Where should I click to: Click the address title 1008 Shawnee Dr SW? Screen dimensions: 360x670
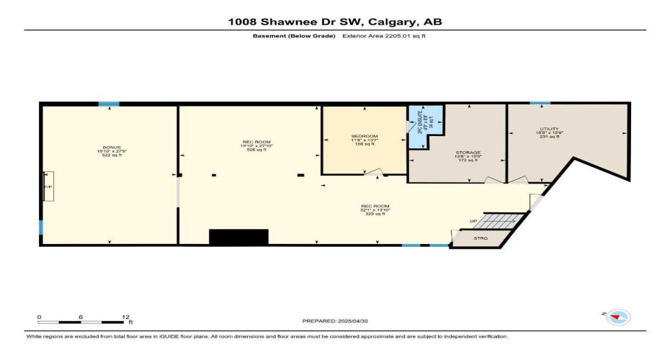click(x=334, y=22)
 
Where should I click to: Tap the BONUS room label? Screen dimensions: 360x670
click(x=107, y=151)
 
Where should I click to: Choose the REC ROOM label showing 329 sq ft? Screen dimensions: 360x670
click(x=375, y=210)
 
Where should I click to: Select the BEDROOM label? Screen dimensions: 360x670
click(x=364, y=140)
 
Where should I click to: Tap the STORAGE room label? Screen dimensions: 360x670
click(x=468, y=156)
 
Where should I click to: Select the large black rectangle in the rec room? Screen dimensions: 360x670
click(x=238, y=238)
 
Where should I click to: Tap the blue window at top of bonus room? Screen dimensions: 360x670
click(x=109, y=104)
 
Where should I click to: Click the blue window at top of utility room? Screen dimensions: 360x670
click(x=540, y=104)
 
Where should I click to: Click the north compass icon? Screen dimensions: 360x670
click(x=618, y=316)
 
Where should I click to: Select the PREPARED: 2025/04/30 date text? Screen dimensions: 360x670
click(x=334, y=320)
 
